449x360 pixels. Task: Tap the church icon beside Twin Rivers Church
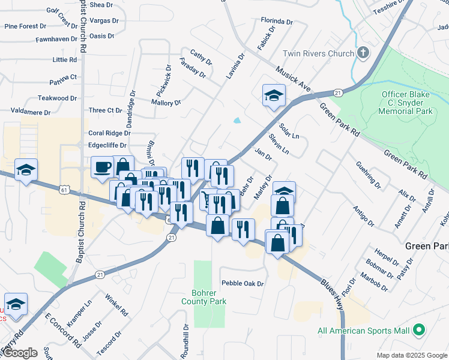[363, 53]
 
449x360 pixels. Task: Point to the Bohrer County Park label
[203, 298]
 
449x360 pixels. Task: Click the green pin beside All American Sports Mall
[420, 331]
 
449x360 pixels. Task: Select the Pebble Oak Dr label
[243, 283]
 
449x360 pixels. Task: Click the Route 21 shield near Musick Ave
[338, 92]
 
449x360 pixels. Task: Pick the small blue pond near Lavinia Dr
[238, 120]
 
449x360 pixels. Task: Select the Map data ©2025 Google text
[412, 355]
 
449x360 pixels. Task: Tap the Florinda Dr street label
[276, 22]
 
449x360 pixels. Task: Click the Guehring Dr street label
[368, 175]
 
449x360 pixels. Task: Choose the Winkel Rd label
[116, 305]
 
